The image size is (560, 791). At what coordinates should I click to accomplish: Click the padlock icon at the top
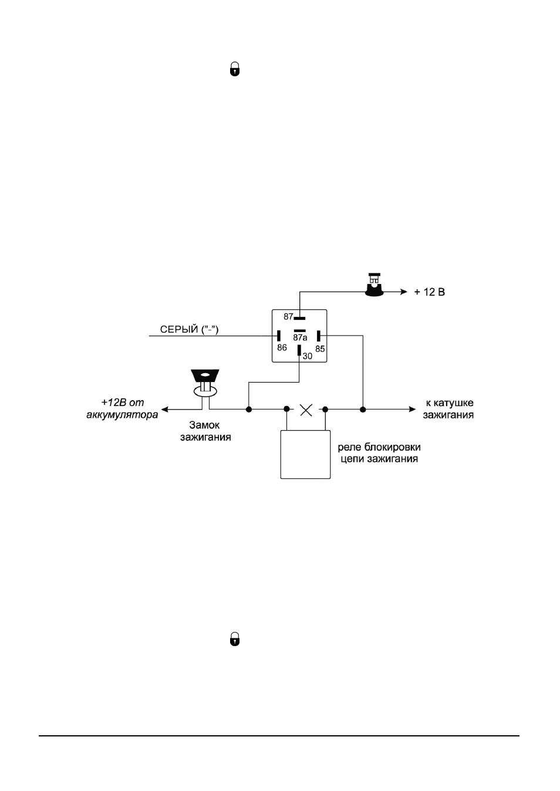click(235, 69)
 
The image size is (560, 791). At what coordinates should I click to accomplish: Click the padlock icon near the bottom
click(235, 639)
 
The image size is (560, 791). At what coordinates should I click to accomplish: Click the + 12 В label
click(429, 292)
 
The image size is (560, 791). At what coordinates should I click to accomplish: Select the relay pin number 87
click(288, 317)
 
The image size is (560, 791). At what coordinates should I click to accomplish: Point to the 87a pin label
click(300, 337)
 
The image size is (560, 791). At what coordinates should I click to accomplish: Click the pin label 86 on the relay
click(282, 347)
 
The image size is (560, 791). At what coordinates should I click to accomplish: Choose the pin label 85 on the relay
click(320, 349)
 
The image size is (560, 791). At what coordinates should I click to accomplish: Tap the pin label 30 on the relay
click(308, 356)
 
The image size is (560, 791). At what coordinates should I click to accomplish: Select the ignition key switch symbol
click(205, 383)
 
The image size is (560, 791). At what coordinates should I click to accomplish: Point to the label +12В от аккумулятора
click(122, 408)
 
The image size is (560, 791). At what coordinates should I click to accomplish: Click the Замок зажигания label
click(205, 431)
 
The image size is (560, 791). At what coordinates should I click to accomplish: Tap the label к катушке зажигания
click(448, 408)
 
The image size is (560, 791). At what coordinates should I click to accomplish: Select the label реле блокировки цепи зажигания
click(379, 453)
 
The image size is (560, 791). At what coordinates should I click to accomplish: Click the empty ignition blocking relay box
click(306, 454)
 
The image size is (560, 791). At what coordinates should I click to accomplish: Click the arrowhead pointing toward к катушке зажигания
click(412, 409)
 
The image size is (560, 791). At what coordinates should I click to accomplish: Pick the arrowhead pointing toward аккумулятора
click(165, 410)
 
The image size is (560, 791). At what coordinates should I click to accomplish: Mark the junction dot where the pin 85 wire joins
click(363, 410)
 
